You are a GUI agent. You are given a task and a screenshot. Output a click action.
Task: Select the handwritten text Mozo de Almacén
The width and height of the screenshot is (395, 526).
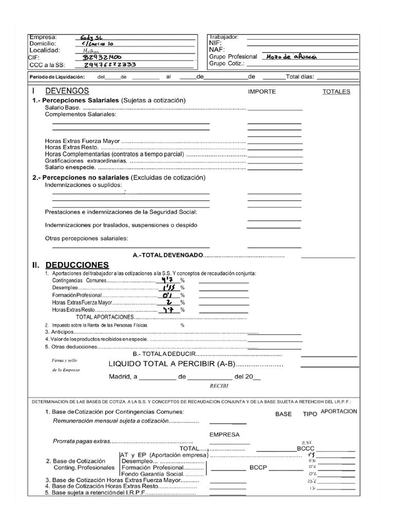coord(293,57)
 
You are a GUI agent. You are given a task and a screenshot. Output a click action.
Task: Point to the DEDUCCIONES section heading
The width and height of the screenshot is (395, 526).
coord(77,265)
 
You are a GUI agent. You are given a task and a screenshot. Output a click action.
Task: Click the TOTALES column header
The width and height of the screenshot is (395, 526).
coord(336,91)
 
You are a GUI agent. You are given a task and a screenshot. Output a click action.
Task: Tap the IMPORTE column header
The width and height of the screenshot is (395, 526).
coord(262,91)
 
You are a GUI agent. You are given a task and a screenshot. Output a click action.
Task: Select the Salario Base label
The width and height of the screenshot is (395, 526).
coord(62,108)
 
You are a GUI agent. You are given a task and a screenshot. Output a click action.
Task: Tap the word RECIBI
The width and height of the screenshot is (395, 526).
coord(219,385)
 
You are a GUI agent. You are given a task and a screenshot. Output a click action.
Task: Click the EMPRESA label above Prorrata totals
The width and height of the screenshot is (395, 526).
coord(224,435)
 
